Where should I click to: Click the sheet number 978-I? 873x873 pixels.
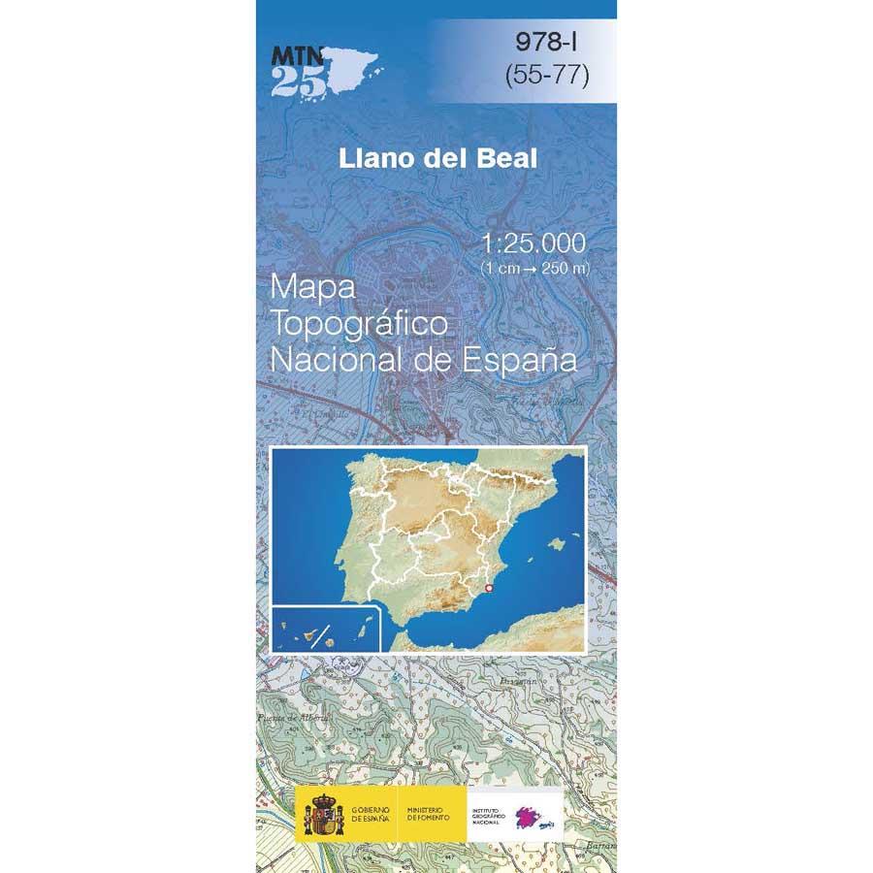pos(547,43)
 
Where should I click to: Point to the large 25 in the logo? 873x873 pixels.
pos(293,81)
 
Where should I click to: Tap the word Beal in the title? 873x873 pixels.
pos(501,159)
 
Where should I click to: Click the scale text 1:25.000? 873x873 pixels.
pos(533,242)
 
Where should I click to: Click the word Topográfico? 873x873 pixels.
pos(360,325)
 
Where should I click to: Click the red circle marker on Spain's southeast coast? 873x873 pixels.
pos(489,588)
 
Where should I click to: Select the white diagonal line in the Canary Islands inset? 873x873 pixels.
pos(327,636)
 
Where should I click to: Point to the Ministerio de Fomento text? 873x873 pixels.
pos(426,813)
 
